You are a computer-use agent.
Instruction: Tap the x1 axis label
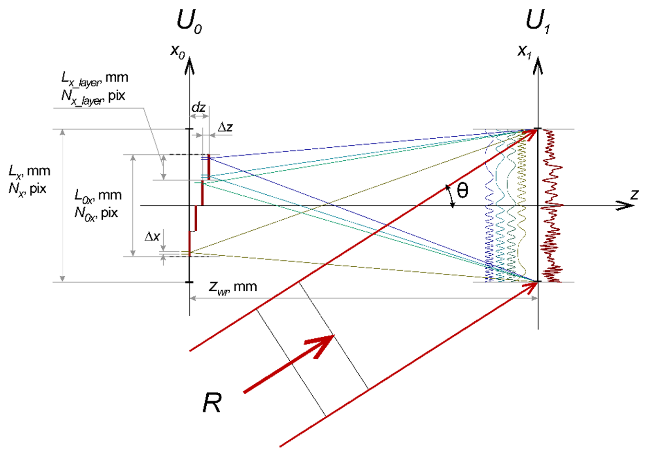525,52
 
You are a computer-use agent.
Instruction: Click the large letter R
212,403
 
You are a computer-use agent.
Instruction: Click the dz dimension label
198,107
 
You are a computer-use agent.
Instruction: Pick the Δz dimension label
225,128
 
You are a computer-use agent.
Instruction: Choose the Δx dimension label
152,236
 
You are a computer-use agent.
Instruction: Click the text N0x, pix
96,213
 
